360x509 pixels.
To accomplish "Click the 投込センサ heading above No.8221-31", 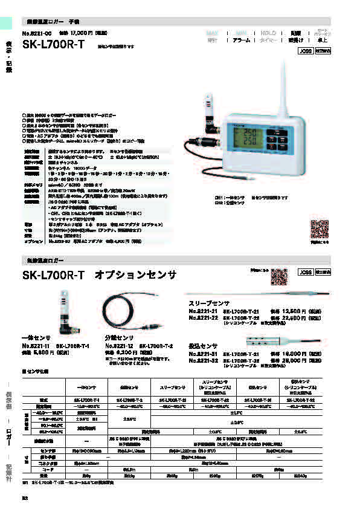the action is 204,347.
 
